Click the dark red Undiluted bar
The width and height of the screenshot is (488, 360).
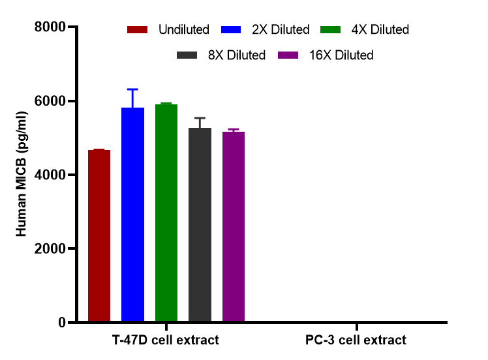99,235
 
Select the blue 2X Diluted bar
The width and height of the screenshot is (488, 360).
132,215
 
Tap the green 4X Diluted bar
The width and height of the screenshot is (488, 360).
166,213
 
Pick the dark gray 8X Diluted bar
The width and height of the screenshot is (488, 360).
200,224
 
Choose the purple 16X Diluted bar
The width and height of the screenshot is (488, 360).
233,226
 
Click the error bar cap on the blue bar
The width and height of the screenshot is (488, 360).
132,89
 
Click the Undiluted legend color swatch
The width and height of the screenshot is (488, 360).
138,30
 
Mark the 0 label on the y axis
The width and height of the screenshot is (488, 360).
61,322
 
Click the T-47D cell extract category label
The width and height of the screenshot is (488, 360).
166,340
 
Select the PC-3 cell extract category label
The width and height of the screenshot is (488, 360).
356,340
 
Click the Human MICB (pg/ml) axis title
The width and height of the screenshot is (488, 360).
22,175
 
